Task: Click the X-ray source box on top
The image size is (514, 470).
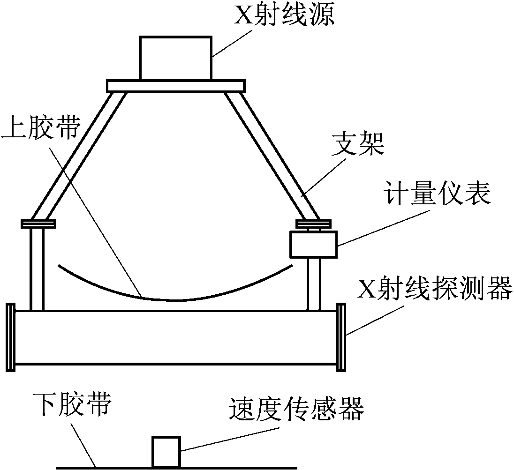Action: point(175,58)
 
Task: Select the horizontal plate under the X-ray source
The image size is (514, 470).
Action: point(175,86)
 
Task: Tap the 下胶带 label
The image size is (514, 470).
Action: point(73,404)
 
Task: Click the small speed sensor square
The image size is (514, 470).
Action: point(166,451)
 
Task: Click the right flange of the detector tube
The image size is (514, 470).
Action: point(341,337)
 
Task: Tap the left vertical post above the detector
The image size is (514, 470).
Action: point(37,269)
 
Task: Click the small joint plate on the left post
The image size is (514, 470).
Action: point(38,224)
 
